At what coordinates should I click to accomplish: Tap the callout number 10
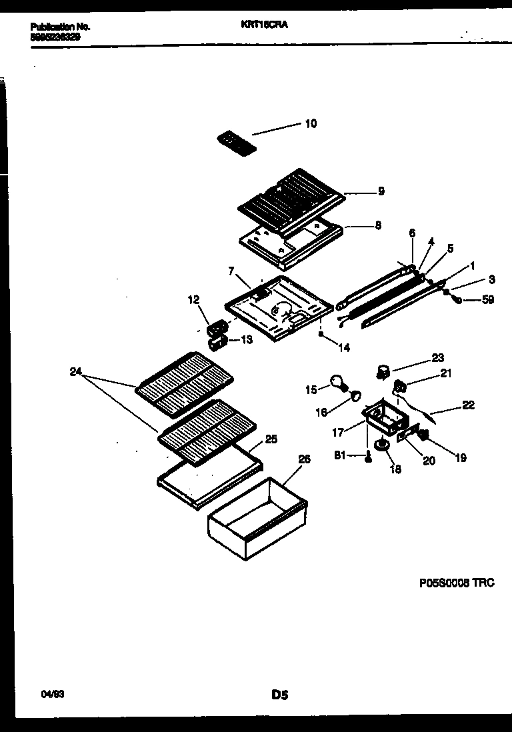tap(311, 123)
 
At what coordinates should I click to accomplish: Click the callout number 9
tap(381, 191)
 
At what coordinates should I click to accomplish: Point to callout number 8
tap(377, 225)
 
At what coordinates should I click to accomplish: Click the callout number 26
tap(304, 459)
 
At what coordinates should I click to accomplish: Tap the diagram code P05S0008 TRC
tap(456, 583)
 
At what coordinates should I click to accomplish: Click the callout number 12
tap(193, 301)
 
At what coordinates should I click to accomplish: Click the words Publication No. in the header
tap(60, 27)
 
